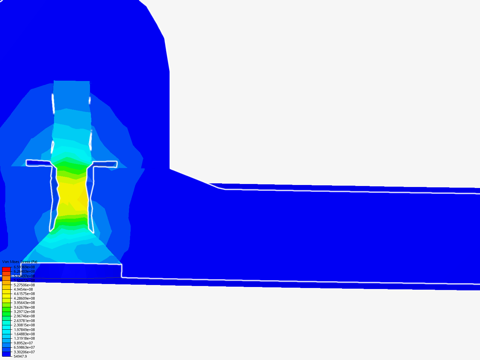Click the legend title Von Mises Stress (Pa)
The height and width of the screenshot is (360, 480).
(20, 262)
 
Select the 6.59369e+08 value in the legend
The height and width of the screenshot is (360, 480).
(24, 267)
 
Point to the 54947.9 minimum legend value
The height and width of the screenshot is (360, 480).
(20, 356)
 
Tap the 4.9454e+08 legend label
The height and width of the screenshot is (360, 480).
(23, 290)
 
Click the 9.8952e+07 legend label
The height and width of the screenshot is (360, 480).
(23, 343)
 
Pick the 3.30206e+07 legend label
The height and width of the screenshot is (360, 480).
(24, 352)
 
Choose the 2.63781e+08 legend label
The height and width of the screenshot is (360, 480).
(24, 321)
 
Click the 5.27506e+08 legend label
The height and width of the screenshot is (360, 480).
(24, 285)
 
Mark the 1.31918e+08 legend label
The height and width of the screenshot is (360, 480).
(24, 338)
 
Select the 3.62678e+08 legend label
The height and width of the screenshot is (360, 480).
(24, 307)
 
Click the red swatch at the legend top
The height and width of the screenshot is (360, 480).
(6, 269)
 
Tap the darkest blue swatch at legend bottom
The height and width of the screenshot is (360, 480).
(6, 354)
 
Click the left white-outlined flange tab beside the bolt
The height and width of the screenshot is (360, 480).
(37, 163)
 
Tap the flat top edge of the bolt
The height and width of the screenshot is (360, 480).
(72, 81)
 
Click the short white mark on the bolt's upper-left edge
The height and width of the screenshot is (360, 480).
(53, 103)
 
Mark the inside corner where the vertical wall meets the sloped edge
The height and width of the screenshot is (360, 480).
(170, 169)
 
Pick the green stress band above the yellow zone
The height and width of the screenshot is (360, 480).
(72, 168)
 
